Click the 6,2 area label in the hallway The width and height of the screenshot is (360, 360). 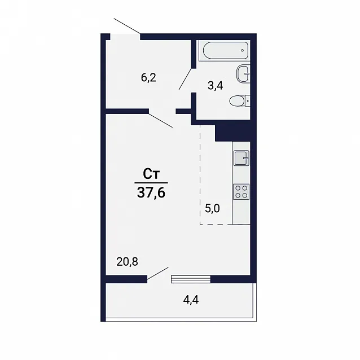coord(148,78)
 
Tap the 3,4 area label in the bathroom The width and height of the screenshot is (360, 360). coord(216,86)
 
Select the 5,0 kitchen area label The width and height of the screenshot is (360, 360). coord(212,209)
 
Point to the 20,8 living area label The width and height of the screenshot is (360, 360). coord(127,261)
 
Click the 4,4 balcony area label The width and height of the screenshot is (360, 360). coord(191,300)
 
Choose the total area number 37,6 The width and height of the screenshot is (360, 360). coord(151,192)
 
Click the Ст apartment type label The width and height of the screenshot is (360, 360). coord(151,174)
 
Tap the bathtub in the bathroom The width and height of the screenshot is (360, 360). coord(226,50)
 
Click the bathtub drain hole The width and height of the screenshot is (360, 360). coord(243,50)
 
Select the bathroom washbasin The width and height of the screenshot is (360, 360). coord(243,74)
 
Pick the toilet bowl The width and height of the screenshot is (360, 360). coord(239,101)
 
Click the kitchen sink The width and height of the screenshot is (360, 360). coord(242,158)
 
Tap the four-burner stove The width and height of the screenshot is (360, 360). coord(242,192)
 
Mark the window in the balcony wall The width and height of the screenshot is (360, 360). coord(191,279)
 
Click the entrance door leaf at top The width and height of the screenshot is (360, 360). coord(127,26)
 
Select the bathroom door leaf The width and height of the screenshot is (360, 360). coord(185,79)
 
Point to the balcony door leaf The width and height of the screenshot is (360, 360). coord(158,273)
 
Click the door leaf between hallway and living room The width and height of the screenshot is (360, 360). coord(161,120)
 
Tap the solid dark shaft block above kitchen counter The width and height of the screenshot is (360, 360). coord(232,133)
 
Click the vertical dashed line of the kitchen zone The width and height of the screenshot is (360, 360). coord(200,175)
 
